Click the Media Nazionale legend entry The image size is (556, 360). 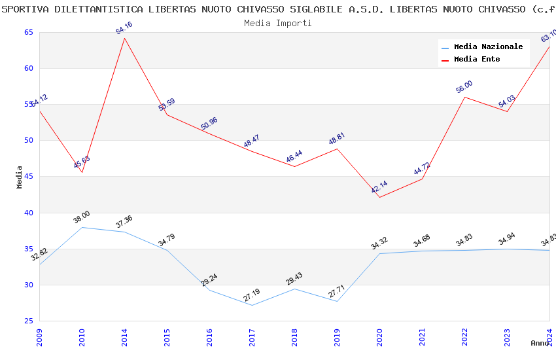click(x=488, y=46)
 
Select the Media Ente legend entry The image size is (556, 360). click(x=477, y=59)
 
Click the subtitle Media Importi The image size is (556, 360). click(x=278, y=23)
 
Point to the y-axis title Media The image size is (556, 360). click(x=20, y=177)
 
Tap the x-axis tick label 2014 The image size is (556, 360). click(x=124, y=338)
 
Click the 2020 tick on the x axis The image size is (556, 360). click(x=379, y=338)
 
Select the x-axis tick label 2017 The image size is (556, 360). click(x=252, y=338)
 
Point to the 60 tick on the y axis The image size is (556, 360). click(x=29, y=68)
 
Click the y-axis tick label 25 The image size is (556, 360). click(x=29, y=321)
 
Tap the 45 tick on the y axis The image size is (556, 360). click(x=29, y=177)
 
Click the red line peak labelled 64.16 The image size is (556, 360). click(x=124, y=38)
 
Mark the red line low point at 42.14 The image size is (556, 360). click(x=379, y=197)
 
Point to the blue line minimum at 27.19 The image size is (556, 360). click(x=252, y=305)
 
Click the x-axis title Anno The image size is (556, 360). click(x=540, y=343)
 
